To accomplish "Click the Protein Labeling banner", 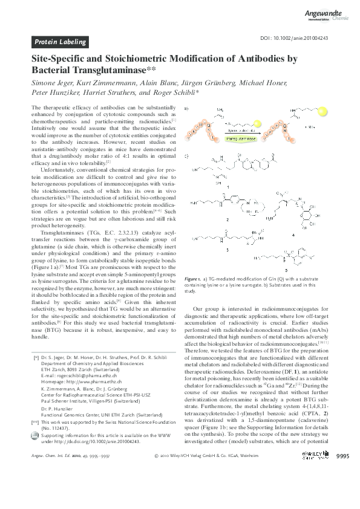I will pos(61,42).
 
